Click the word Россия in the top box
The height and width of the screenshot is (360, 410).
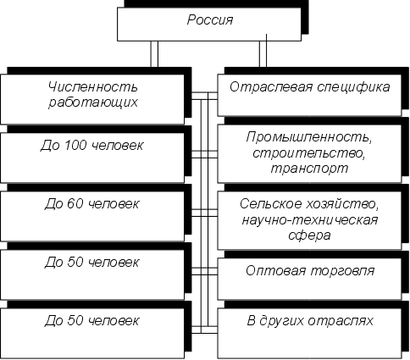pyautogui.click(x=210, y=20)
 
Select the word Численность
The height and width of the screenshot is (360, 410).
pyautogui.click(x=93, y=86)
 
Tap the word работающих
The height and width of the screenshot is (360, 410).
pyautogui.click(x=93, y=102)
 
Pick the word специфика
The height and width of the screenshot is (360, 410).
pyautogui.click(x=353, y=88)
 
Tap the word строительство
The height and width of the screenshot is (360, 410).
pyautogui.click(x=309, y=153)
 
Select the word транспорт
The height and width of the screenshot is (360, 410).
pyautogui.click(x=309, y=169)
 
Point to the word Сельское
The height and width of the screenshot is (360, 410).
pyautogui.click(x=271, y=204)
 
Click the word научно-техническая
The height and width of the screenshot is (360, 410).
pyautogui.click(x=310, y=219)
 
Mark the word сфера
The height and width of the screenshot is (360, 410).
pyautogui.click(x=309, y=235)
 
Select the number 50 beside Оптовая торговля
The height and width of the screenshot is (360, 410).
pyautogui.click(x=75, y=263)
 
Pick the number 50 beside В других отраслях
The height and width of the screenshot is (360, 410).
pyautogui.click(x=75, y=320)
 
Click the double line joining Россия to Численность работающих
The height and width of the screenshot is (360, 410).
pyautogui.click(x=154, y=54)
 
